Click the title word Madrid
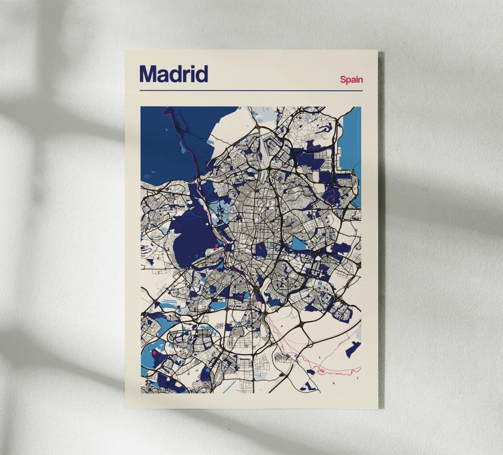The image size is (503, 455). click(173, 74)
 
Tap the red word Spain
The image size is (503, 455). click(351, 80)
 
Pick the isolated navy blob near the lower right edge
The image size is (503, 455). click(354, 347)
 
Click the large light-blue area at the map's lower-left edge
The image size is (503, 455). click(151, 349)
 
